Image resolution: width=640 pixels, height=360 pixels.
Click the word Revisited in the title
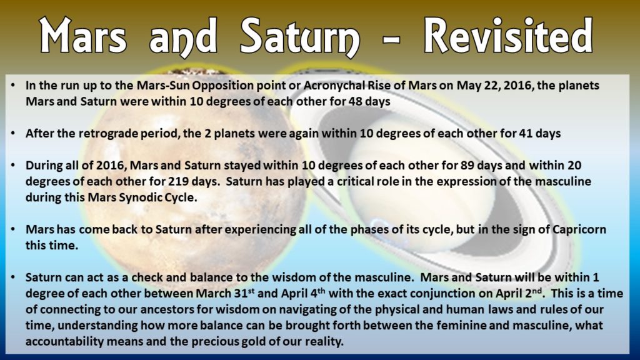[x=508, y=36]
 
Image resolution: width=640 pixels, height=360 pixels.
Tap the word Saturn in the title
[x=300, y=37]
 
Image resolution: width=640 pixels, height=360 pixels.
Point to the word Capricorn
[x=579, y=229]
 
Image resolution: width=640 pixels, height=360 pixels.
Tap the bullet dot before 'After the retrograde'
[x=14, y=134]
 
